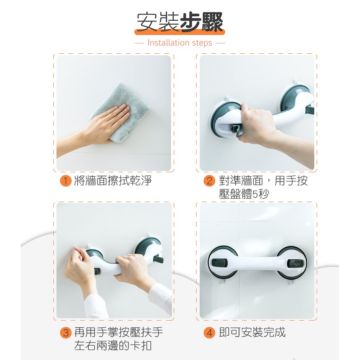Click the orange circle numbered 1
pyautogui.click(x=66, y=181)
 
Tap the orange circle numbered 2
pyautogui.click(x=209, y=181)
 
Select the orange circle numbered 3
pyautogui.click(x=66, y=333)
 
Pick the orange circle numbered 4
pyautogui.click(x=209, y=333)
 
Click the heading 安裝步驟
pyautogui.click(x=179, y=22)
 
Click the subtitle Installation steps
pyautogui.click(x=180, y=43)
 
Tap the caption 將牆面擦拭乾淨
pyautogui.click(x=113, y=181)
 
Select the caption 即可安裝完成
pyautogui.click(x=252, y=332)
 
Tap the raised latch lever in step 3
pyautogui.click(x=158, y=259)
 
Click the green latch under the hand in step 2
pyautogui.click(x=236, y=130)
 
